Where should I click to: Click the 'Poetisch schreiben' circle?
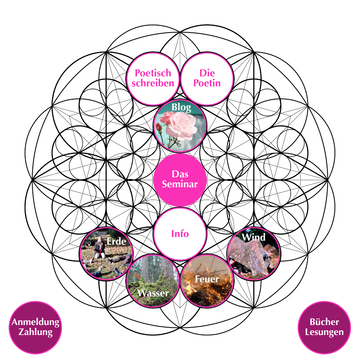click(153, 79)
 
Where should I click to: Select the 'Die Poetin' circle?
click(207, 79)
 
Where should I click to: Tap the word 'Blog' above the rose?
click(181, 107)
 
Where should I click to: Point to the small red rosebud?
click(158, 127)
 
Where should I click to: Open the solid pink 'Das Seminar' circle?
click(180, 180)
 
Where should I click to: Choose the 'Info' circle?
click(180, 234)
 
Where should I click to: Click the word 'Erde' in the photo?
click(116, 241)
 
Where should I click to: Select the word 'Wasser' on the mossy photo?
click(153, 293)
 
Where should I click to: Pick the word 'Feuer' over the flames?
click(207, 279)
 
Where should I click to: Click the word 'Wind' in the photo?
click(253, 237)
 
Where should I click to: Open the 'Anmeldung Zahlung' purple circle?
click(35, 328)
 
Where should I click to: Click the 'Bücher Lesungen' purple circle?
click(324, 328)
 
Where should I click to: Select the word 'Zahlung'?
click(35, 332)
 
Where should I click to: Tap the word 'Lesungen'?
click(324, 332)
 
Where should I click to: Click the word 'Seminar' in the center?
click(180, 184)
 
